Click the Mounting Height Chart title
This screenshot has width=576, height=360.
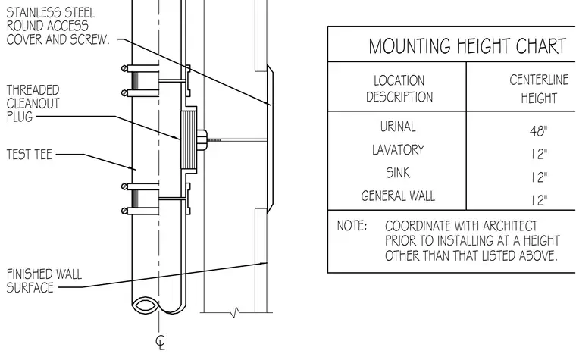pyautogui.click(x=468, y=46)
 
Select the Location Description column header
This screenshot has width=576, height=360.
pyautogui.click(x=399, y=89)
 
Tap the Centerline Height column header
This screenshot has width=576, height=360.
pyautogui.click(x=539, y=89)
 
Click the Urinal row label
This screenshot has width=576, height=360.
pyautogui.click(x=398, y=127)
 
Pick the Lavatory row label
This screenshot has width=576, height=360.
pyautogui.click(x=398, y=150)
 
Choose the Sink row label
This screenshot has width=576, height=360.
pyautogui.click(x=398, y=173)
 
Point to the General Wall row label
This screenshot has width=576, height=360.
pyautogui.click(x=398, y=196)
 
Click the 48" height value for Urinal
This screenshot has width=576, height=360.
pyautogui.click(x=539, y=131)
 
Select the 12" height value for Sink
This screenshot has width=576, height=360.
pyautogui.click(x=540, y=177)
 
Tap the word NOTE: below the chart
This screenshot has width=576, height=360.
pyautogui.click(x=352, y=226)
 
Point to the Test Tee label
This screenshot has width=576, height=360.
pyautogui.click(x=29, y=155)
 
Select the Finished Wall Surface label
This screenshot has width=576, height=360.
pyautogui.click(x=44, y=280)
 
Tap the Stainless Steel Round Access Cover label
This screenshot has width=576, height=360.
pyautogui.click(x=58, y=26)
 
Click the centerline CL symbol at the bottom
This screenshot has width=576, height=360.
pyautogui.click(x=161, y=343)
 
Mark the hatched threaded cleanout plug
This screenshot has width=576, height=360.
pyautogui.click(x=189, y=140)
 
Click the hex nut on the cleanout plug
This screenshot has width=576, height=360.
pyautogui.click(x=202, y=140)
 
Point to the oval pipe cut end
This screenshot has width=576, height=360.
pyautogui.click(x=145, y=305)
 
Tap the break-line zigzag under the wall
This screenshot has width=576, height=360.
pyautogui.click(x=235, y=312)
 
